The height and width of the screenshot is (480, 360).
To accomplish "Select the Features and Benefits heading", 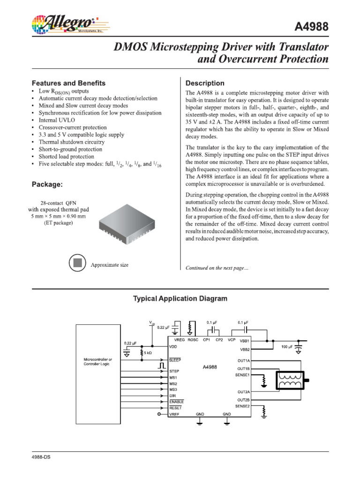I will (x=68, y=83).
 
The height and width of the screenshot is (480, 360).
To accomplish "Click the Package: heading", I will (x=46, y=185).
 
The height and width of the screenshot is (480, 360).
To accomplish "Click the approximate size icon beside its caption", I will (x=77, y=263).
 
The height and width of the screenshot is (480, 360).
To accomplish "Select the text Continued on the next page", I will (x=217, y=268).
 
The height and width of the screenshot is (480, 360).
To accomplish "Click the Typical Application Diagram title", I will (x=180, y=299).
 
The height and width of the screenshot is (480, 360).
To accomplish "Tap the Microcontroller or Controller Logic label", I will (x=97, y=361).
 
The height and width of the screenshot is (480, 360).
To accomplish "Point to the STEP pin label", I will (x=175, y=371).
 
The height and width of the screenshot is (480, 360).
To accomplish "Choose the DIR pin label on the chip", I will (x=172, y=396).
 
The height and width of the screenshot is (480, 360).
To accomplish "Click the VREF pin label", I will (x=175, y=414).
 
